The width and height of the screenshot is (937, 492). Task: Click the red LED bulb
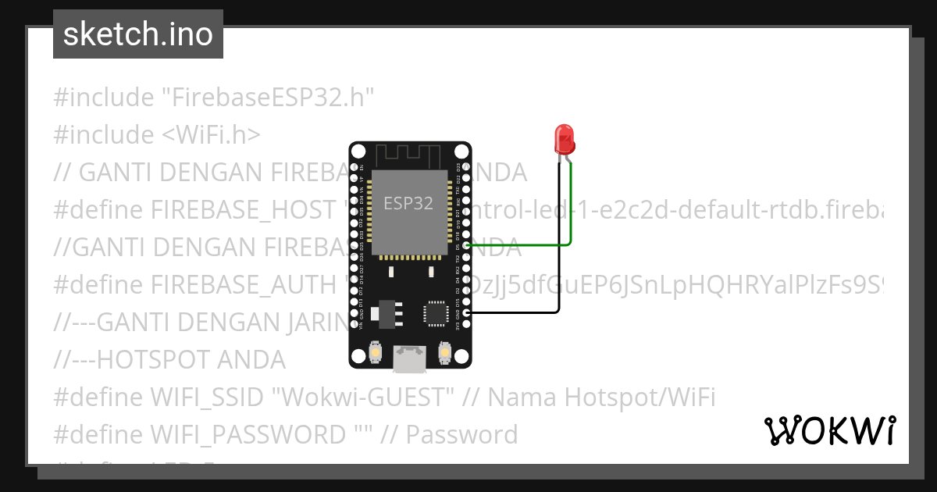pos(564,139)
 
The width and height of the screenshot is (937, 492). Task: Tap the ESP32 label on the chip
pos(408,204)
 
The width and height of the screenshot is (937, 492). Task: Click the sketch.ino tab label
pos(138,34)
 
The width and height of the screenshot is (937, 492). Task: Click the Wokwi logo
pos(829,431)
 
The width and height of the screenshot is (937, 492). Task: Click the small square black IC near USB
pos(434,312)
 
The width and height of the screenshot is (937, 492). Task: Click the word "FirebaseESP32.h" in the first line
pos(268,98)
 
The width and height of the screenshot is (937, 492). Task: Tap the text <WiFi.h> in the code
pos(212,135)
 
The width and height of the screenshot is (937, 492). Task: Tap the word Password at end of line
pos(462,434)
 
